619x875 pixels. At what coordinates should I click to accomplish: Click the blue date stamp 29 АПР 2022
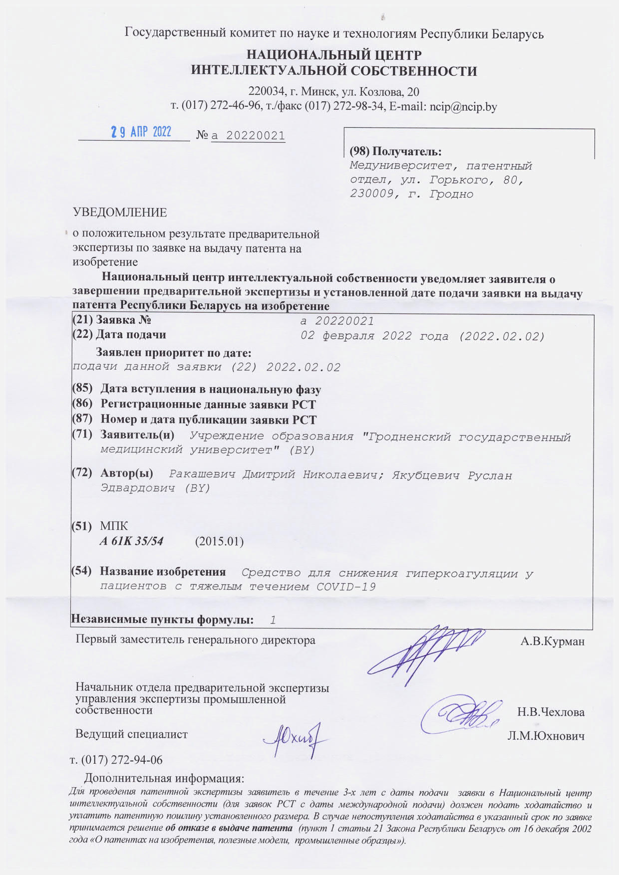pos(141,132)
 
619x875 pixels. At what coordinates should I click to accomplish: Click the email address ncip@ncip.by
pos(463,106)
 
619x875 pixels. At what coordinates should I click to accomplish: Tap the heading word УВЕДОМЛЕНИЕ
pos(120,212)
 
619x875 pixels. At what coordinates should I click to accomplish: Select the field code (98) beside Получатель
pos(359,151)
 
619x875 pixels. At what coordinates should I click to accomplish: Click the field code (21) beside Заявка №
pos(82,320)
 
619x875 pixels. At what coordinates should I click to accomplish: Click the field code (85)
pos(83,389)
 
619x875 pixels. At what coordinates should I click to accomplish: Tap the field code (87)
pos(83,420)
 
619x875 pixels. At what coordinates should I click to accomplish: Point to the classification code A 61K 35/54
pos(132,541)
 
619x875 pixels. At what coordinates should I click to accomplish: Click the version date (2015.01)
pos(219,541)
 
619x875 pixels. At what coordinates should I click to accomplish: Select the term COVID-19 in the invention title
pos(346,587)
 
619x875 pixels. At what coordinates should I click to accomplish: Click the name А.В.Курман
pos(552,642)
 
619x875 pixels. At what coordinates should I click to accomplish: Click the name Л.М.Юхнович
pos(546,736)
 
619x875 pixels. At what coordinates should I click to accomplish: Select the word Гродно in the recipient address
pos(451,194)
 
